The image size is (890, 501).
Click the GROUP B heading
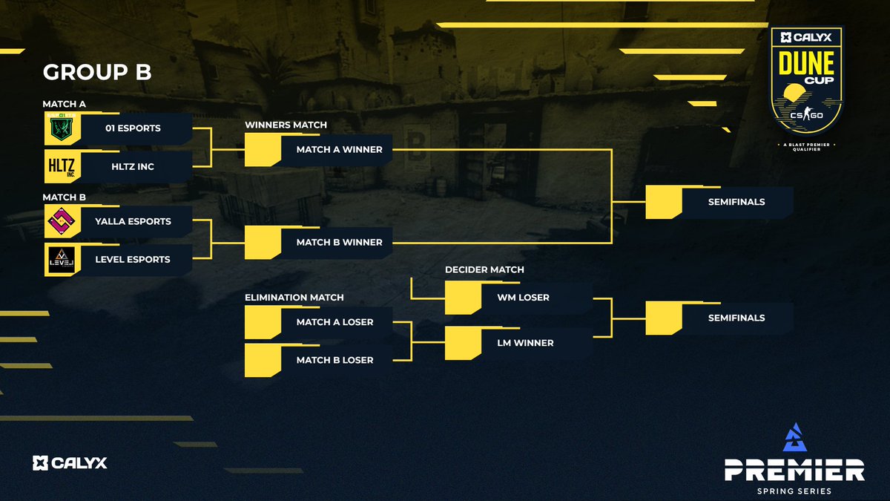coord(97,72)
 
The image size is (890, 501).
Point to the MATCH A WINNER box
coord(337,149)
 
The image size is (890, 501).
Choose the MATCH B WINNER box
coord(337,242)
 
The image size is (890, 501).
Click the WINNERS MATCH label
coord(286,125)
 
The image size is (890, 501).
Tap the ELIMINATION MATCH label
coord(294,297)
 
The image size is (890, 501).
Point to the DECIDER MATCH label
coord(484,269)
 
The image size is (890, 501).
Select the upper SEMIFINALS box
coord(737,202)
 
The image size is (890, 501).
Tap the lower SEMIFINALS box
coord(737,318)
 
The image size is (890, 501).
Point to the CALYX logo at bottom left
coord(70,463)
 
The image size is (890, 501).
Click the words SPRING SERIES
coord(794,491)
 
